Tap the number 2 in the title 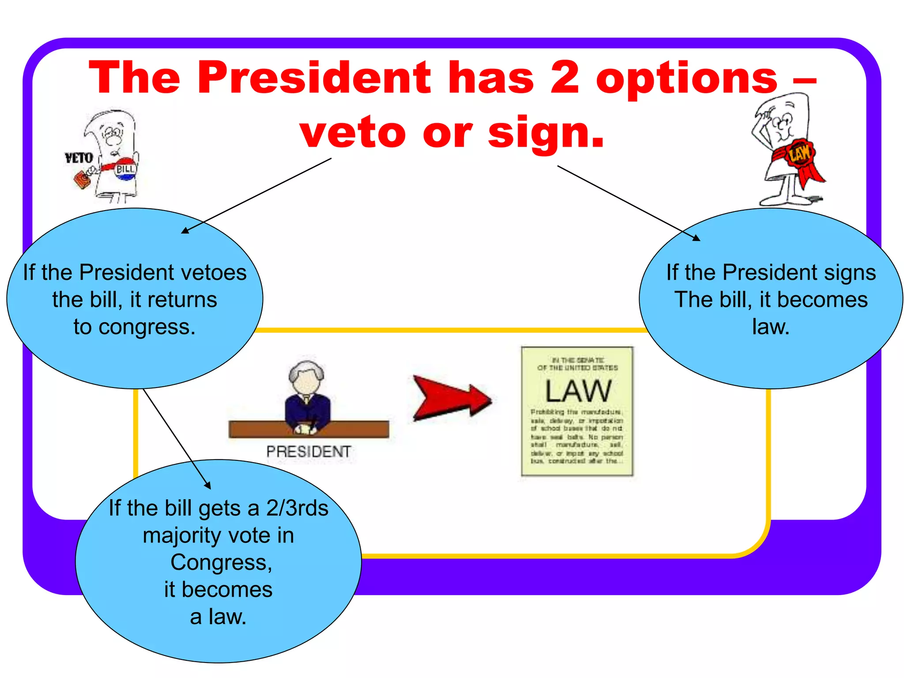(x=565, y=78)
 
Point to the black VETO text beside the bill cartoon (x=79, y=158)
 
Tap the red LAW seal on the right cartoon (x=799, y=154)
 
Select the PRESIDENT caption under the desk (x=308, y=452)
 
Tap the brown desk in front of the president (x=265, y=429)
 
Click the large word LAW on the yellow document (x=578, y=391)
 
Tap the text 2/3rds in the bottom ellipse (x=297, y=508)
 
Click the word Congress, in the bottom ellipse (x=221, y=563)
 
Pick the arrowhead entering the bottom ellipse (x=207, y=486)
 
